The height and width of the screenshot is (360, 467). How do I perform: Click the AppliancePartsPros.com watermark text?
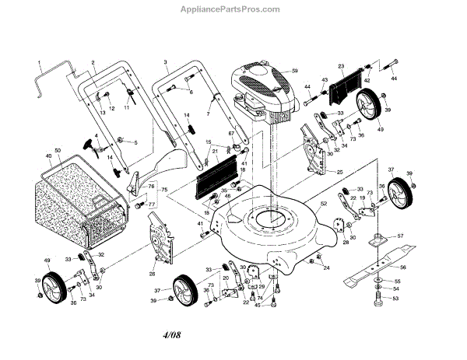[233, 10]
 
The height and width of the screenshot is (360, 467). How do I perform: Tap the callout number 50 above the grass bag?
[57, 149]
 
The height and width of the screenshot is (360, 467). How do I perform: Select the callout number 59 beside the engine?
[295, 72]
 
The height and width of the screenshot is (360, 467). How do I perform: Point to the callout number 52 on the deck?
[321, 204]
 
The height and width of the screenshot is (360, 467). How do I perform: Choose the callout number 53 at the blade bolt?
[395, 298]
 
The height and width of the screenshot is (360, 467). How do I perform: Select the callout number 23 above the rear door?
[340, 66]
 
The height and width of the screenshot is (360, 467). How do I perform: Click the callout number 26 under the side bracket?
[153, 273]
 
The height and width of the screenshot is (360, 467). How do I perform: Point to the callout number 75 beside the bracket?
[163, 190]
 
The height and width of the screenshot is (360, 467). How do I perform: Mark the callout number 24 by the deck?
[327, 268]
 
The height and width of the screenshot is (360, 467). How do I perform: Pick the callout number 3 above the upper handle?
[166, 61]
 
